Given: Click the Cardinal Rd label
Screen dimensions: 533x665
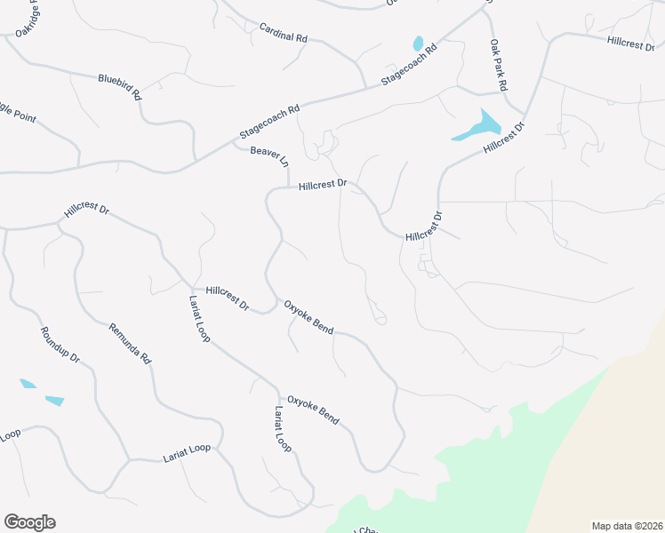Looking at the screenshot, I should click(284, 34).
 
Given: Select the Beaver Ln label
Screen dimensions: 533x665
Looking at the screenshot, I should click(269, 156).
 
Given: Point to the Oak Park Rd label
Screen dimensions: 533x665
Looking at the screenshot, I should click(498, 65).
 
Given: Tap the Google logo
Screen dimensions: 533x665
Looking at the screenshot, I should click(29, 522).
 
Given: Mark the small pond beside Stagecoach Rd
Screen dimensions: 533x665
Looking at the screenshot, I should click(417, 44).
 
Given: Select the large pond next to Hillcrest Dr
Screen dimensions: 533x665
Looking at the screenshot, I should click(478, 126).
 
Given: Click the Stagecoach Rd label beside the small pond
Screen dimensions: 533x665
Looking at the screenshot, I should click(410, 65).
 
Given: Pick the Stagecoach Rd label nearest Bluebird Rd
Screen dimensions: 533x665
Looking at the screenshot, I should click(269, 123).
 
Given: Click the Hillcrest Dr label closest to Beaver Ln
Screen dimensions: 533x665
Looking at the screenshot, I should click(322, 186).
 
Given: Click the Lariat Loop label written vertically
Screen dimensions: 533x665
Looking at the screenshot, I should click(282, 430).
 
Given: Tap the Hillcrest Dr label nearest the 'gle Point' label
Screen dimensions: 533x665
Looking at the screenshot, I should click(86, 211).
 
